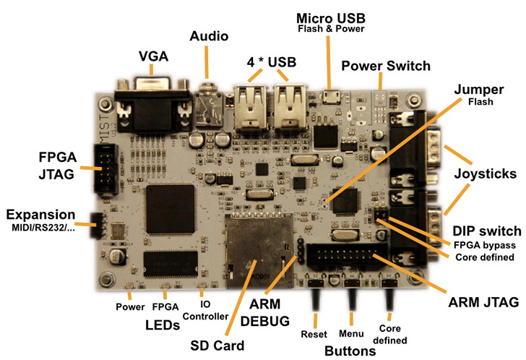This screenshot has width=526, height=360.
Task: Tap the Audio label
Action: [209, 35]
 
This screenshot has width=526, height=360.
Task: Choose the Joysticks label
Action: [486, 173]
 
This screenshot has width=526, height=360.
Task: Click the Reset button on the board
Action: [316, 296]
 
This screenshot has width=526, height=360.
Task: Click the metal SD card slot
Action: [257, 249]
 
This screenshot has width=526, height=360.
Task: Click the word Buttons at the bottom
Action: [350, 351]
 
